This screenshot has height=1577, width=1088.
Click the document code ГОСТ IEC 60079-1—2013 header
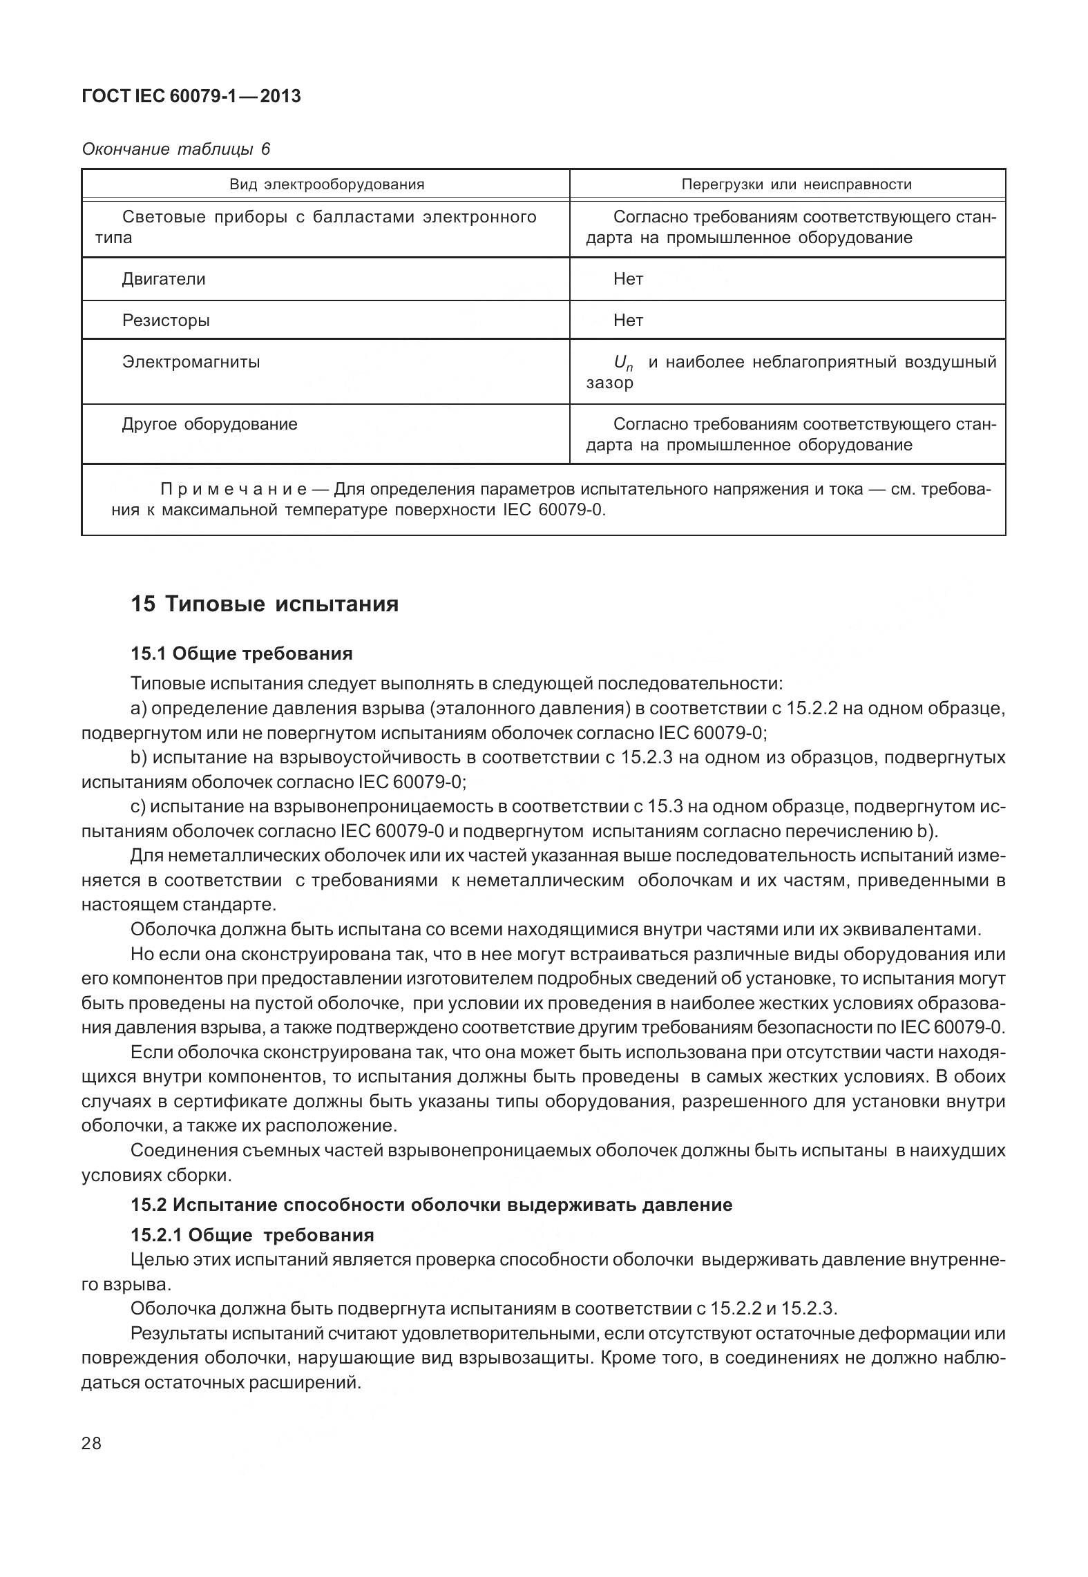191,97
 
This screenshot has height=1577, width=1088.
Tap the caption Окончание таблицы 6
175,149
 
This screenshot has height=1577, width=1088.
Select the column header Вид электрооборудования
326,184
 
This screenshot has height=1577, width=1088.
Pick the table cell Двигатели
164,279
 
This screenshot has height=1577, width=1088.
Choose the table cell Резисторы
166,321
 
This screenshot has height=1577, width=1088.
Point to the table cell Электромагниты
191,362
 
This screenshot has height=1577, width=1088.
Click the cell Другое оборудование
209,424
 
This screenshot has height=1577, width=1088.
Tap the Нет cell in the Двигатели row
628,279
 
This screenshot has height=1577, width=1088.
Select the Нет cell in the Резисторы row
628,321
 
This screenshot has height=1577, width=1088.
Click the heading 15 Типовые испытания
265,604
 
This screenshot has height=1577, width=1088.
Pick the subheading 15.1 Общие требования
242,653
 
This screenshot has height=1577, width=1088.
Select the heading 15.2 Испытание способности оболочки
431,1205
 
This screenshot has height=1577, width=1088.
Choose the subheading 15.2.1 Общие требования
252,1235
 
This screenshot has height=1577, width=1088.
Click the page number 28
92,1444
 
